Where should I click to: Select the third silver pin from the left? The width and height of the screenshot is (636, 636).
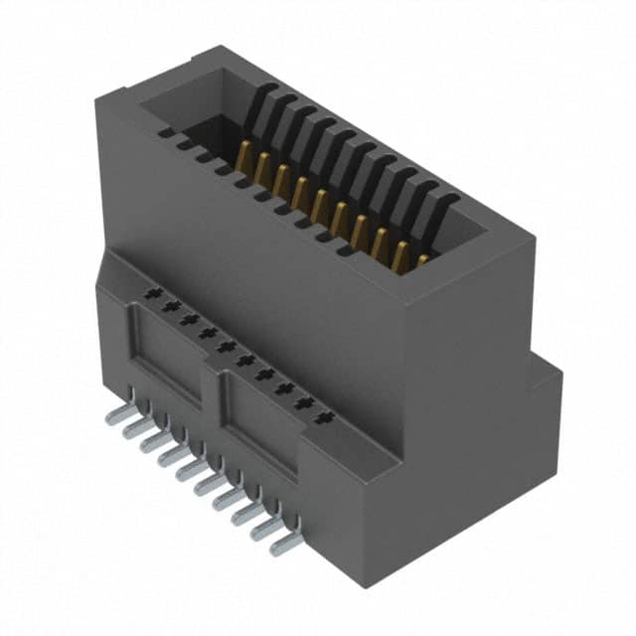point(155,442)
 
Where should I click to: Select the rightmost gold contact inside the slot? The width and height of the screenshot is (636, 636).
point(421,260)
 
